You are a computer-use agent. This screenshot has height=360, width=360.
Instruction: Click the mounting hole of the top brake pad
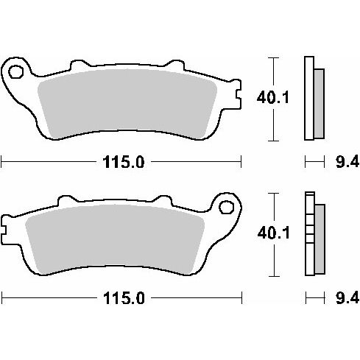pyautogui.click(x=16, y=72)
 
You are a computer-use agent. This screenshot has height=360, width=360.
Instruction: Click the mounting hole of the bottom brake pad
pyautogui.click(x=226, y=207)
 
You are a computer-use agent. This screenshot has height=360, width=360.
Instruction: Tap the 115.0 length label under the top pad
pyautogui.click(x=124, y=162)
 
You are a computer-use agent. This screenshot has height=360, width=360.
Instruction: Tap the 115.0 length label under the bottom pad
pyautogui.click(x=124, y=298)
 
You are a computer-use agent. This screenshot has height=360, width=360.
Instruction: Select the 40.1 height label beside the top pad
pyautogui.click(x=273, y=98)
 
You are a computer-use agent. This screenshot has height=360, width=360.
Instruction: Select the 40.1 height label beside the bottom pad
pyautogui.click(x=273, y=233)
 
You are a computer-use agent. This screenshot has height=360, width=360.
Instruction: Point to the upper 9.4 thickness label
pyautogui.click(x=347, y=162)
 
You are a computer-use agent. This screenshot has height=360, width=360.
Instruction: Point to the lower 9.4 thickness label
pyautogui.click(x=347, y=298)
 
